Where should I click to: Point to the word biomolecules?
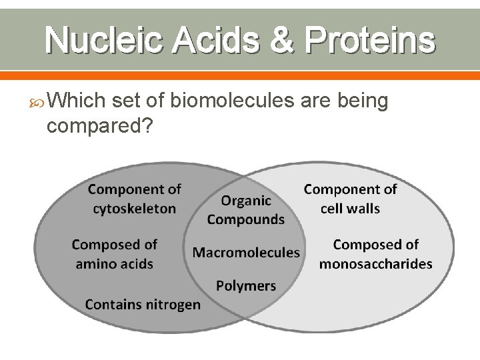(x=232, y=101)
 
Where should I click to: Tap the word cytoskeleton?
(x=135, y=209)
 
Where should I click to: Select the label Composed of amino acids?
(x=115, y=254)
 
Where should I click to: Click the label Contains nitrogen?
(x=143, y=305)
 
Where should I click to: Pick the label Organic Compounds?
(x=246, y=209)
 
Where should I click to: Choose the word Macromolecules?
(x=246, y=253)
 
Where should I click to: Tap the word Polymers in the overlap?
(x=246, y=286)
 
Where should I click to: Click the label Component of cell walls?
(x=350, y=199)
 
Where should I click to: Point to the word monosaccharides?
(x=375, y=264)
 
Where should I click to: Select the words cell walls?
(x=350, y=209)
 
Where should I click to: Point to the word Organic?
(x=246, y=200)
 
